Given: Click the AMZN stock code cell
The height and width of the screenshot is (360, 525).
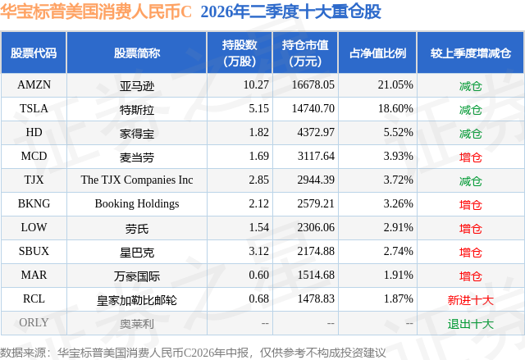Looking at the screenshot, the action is pyautogui.click(x=34, y=85).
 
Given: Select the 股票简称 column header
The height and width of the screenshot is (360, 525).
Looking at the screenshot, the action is pyautogui.click(x=137, y=53).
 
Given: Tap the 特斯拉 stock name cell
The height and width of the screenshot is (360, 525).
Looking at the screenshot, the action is pyautogui.click(x=137, y=109).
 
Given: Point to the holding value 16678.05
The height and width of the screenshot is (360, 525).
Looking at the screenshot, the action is pyautogui.click(x=313, y=85).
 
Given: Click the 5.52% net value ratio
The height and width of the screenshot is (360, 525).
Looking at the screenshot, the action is pyautogui.click(x=398, y=133).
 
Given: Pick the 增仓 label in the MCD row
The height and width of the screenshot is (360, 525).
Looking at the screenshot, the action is pyautogui.click(x=470, y=157).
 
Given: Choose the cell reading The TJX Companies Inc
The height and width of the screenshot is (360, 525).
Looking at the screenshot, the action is pyautogui.click(x=137, y=180).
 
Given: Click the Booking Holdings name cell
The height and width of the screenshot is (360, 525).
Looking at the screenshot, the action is pyautogui.click(x=137, y=203).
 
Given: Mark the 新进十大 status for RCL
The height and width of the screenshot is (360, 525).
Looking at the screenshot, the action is pyautogui.click(x=470, y=300).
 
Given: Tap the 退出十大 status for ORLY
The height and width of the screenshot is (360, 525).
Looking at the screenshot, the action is pyautogui.click(x=470, y=324).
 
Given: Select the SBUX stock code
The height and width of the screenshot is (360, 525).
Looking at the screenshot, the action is pyautogui.click(x=34, y=251).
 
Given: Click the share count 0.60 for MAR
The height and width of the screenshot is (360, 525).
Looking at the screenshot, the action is pyautogui.click(x=259, y=275).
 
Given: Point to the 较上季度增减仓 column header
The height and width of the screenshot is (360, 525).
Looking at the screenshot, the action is pyautogui.click(x=470, y=53).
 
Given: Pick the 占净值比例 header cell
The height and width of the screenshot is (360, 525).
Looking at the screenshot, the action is pyautogui.click(x=377, y=53).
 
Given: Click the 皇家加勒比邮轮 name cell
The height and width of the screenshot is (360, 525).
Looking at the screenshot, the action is pyautogui.click(x=137, y=300).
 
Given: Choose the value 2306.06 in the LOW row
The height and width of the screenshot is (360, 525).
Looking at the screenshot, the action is pyautogui.click(x=316, y=227).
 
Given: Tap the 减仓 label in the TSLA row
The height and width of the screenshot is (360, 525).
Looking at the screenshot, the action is pyautogui.click(x=470, y=109).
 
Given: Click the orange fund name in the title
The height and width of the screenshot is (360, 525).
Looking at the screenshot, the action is pyautogui.click(x=96, y=11).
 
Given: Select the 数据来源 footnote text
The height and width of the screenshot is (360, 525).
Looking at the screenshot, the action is pyautogui.click(x=193, y=353).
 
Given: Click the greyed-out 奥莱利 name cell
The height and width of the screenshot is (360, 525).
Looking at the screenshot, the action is pyautogui.click(x=137, y=324).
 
